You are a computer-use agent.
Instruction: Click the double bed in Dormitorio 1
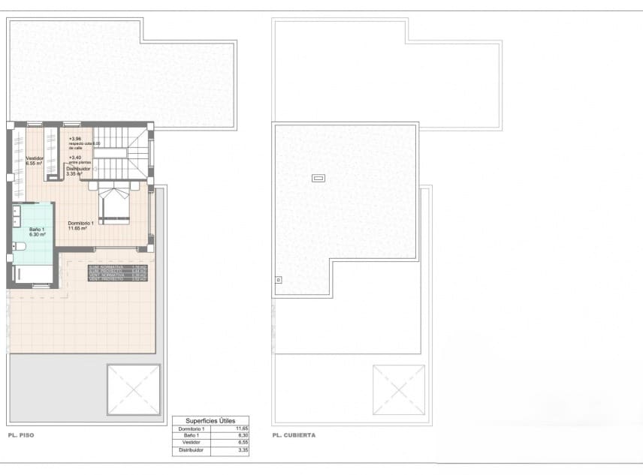coord(113,205)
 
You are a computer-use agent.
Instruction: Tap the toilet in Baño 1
coord(19,246)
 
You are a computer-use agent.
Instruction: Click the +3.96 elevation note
coord(75,139)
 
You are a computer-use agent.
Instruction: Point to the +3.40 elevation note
coord(75,158)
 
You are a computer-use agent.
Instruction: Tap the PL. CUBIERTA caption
coord(294,435)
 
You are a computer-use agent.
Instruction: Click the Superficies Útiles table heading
coord(211,421)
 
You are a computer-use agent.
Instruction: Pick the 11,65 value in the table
coord(242,428)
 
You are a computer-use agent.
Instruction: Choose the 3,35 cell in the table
coord(242,450)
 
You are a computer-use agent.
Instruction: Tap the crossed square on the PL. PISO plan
coord(134,389)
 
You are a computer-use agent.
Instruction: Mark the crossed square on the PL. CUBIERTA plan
coord(399,389)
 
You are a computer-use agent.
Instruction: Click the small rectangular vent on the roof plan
coord(318,179)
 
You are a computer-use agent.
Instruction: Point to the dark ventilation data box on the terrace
coord(117,273)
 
